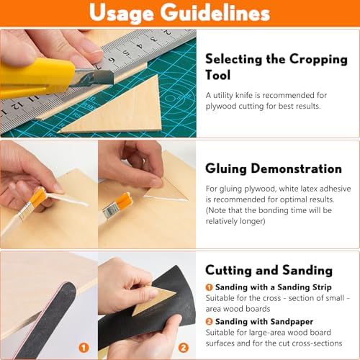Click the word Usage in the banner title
(x=122, y=13)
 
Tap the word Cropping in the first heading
(x=318, y=60)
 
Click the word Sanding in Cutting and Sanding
(x=307, y=271)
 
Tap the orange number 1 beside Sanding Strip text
(x=209, y=287)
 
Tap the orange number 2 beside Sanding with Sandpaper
(x=209, y=322)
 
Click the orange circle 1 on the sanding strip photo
(x=84, y=348)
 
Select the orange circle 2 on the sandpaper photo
(x=184, y=348)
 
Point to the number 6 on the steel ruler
(x=112, y=60)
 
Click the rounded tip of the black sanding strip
(x=68, y=286)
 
